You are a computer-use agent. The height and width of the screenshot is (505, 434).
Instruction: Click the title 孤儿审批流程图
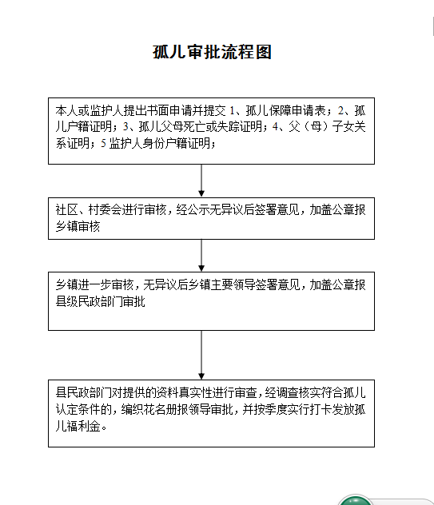[x=212, y=52]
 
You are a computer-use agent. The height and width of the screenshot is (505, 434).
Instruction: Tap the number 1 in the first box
[x=232, y=110]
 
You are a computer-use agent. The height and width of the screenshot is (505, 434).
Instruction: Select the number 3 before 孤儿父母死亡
[x=125, y=126]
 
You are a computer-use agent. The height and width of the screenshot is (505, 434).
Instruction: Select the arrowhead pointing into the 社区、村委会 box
[x=201, y=193]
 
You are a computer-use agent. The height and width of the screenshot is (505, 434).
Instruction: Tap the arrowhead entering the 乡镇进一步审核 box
[x=201, y=268]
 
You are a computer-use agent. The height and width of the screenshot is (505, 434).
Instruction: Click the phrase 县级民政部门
[x=89, y=301]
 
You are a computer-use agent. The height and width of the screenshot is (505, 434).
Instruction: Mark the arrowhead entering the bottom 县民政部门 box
[x=201, y=376]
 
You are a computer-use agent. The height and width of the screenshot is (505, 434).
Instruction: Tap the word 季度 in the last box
[x=276, y=409]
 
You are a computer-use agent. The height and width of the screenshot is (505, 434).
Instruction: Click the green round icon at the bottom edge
[x=355, y=500]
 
